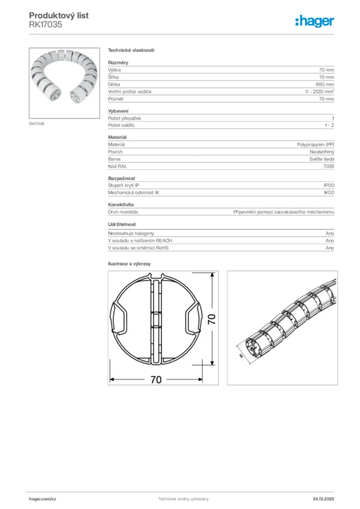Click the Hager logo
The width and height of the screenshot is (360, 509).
pos(314,21)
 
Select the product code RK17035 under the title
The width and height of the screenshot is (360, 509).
pos(45,24)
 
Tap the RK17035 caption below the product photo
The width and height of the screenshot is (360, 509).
pos(36,124)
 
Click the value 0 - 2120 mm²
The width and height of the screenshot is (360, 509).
pos(319,92)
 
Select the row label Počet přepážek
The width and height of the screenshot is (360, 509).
pos(125,118)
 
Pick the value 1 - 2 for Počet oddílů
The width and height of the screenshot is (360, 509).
pos(329,125)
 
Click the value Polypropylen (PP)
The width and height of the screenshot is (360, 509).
pos(316,144)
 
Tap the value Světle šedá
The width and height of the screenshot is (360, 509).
pos(322,159)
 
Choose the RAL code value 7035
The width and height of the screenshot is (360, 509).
pos(329,167)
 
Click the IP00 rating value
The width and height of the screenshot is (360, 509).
pos(329,185)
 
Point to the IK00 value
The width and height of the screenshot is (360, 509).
pos(329,192)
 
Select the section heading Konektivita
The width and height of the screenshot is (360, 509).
pos(120,204)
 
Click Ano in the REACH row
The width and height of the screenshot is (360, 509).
pos(330,241)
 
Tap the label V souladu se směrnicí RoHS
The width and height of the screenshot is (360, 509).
pos(138,248)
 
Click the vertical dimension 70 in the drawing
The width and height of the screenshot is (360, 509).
pos(211,320)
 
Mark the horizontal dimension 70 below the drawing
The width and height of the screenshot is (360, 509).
pos(156,379)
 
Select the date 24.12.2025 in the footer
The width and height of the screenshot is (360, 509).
pos(323,499)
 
